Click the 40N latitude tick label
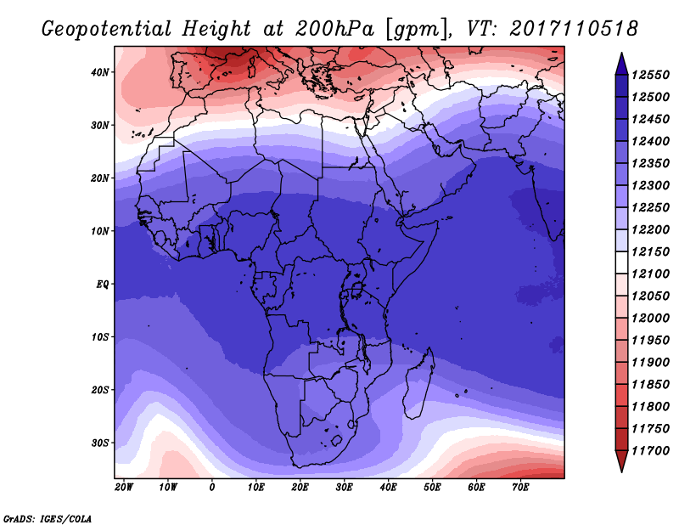99,72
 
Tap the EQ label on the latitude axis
102,285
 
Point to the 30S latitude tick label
99,443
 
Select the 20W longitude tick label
124,488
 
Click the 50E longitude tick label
432,488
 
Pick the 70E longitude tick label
520,488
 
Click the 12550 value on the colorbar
650,75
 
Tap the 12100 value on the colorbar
650,274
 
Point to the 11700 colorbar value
650,451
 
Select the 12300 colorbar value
650,185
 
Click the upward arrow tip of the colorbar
621,53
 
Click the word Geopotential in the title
107,29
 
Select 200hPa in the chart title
334,29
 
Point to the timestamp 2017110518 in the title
574,29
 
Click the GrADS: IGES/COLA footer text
48,518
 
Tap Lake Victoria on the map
356,288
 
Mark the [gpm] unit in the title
418,30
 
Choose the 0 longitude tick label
211,488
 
